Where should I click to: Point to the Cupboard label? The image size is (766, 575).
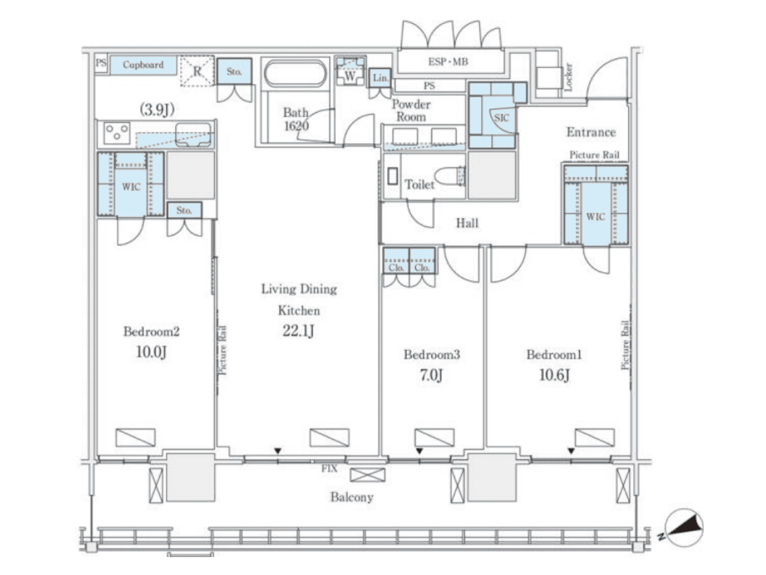143,65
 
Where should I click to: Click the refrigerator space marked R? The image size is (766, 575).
197,71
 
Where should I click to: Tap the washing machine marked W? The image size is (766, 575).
349,71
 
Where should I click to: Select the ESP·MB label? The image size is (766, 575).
448,62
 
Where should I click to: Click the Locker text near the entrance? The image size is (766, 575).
569,77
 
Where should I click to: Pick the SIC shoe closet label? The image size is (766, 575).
501,118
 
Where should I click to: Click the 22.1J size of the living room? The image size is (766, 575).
298,330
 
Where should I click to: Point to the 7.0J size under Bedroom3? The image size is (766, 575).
431,376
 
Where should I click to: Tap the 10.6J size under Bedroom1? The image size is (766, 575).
555,376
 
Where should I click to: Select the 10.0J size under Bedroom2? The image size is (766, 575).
151,352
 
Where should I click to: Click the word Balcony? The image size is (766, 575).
352,497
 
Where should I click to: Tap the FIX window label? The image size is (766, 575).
329,468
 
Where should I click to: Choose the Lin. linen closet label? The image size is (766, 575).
381,78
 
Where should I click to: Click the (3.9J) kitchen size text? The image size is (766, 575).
157,110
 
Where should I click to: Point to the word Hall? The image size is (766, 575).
467,223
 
